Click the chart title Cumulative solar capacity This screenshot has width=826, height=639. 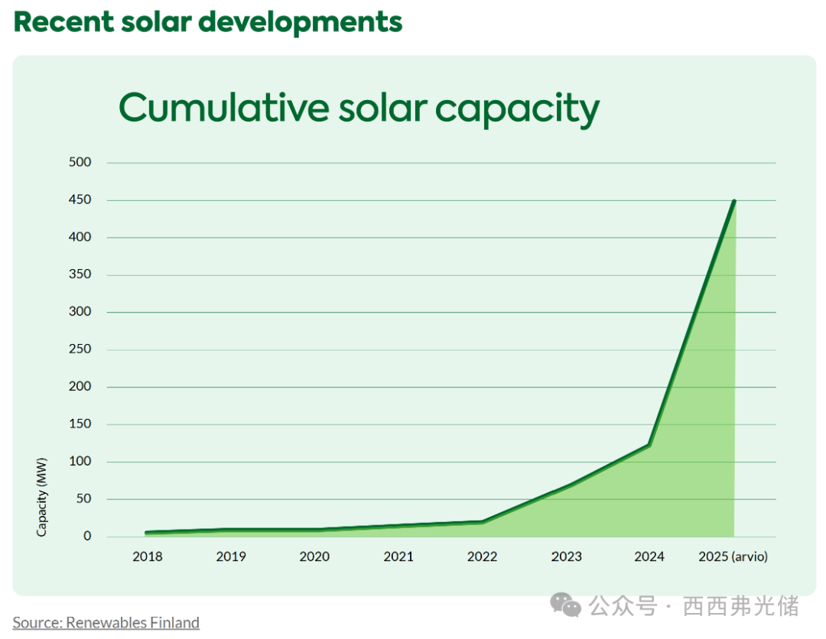pyautogui.click(x=359, y=109)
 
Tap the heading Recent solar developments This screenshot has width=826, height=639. pyautogui.click(x=207, y=22)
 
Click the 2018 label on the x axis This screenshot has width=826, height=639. pyautogui.click(x=147, y=556)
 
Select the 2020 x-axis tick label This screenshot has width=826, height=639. pyautogui.click(x=314, y=556)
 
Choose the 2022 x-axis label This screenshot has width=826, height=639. pyautogui.click(x=482, y=556)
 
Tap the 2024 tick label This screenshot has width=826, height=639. pyautogui.click(x=649, y=556)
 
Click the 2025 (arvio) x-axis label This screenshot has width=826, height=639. pyautogui.click(x=733, y=556)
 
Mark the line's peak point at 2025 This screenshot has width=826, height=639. pyautogui.click(x=734, y=201)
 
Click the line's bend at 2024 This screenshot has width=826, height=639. pyautogui.click(x=649, y=445)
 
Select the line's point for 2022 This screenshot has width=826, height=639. pyautogui.click(x=482, y=522)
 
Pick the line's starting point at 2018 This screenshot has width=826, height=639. pyautogui.click(x=147, y=533)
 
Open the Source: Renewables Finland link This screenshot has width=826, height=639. pyautogui.click(x=106, y=623)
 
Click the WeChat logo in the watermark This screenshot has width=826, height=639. pyautogui.click(x=566, y=606)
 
